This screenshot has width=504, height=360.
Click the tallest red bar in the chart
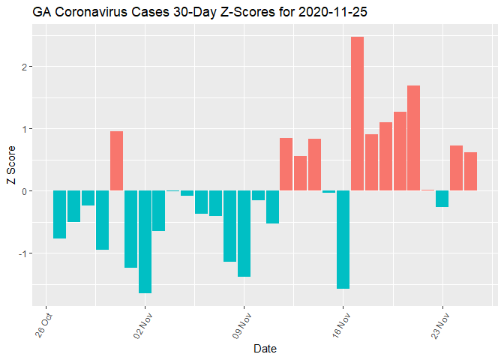[x=357, y=113]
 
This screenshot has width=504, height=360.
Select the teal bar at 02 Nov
[x=145, y=241]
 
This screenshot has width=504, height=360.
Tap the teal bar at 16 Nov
[x=343, y=239]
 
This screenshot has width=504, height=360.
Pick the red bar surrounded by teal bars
[x=116, y=160]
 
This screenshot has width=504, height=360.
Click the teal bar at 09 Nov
[x=244, y=233]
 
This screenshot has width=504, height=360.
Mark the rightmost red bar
[x=470, y=171]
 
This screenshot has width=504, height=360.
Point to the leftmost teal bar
[x=59, y=214]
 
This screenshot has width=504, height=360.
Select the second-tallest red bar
[x=413, y=138]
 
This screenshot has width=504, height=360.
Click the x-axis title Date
[x=267, y=348]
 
